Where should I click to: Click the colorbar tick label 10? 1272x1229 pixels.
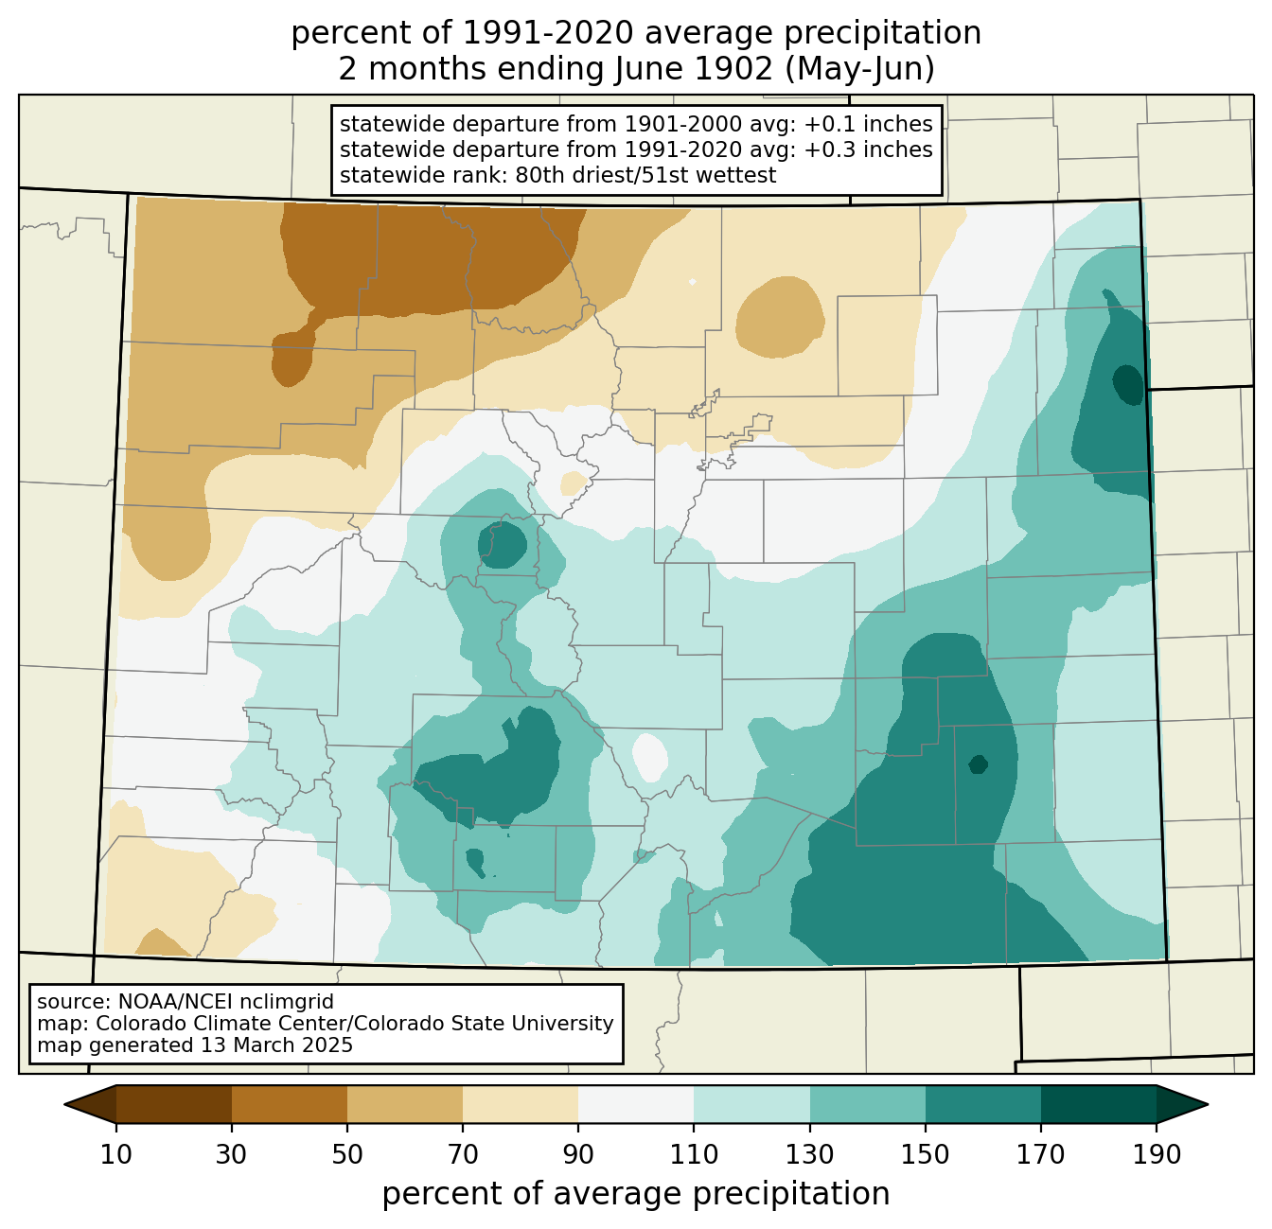[115, 1154]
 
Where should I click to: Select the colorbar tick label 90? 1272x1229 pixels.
[578, 1154]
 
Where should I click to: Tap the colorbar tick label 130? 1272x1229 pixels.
[809, 1154]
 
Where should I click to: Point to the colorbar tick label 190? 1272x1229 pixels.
[1157, 1154]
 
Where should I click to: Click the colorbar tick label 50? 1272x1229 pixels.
[347, 1154]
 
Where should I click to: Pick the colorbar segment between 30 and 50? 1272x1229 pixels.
[289, 1104]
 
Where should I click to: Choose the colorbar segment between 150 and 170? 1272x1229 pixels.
[983, 1104]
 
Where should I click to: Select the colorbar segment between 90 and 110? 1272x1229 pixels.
[636, 1104]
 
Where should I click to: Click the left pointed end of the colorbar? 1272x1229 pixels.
[65, 1104]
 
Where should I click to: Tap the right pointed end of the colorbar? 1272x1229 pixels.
[1207, 1104]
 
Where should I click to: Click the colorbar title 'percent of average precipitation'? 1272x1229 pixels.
[636, 1194]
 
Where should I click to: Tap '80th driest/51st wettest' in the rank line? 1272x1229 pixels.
[645, 175]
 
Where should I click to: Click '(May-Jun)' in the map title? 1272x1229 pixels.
[859, 69]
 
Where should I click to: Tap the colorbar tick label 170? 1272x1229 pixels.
[1041, 1154]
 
